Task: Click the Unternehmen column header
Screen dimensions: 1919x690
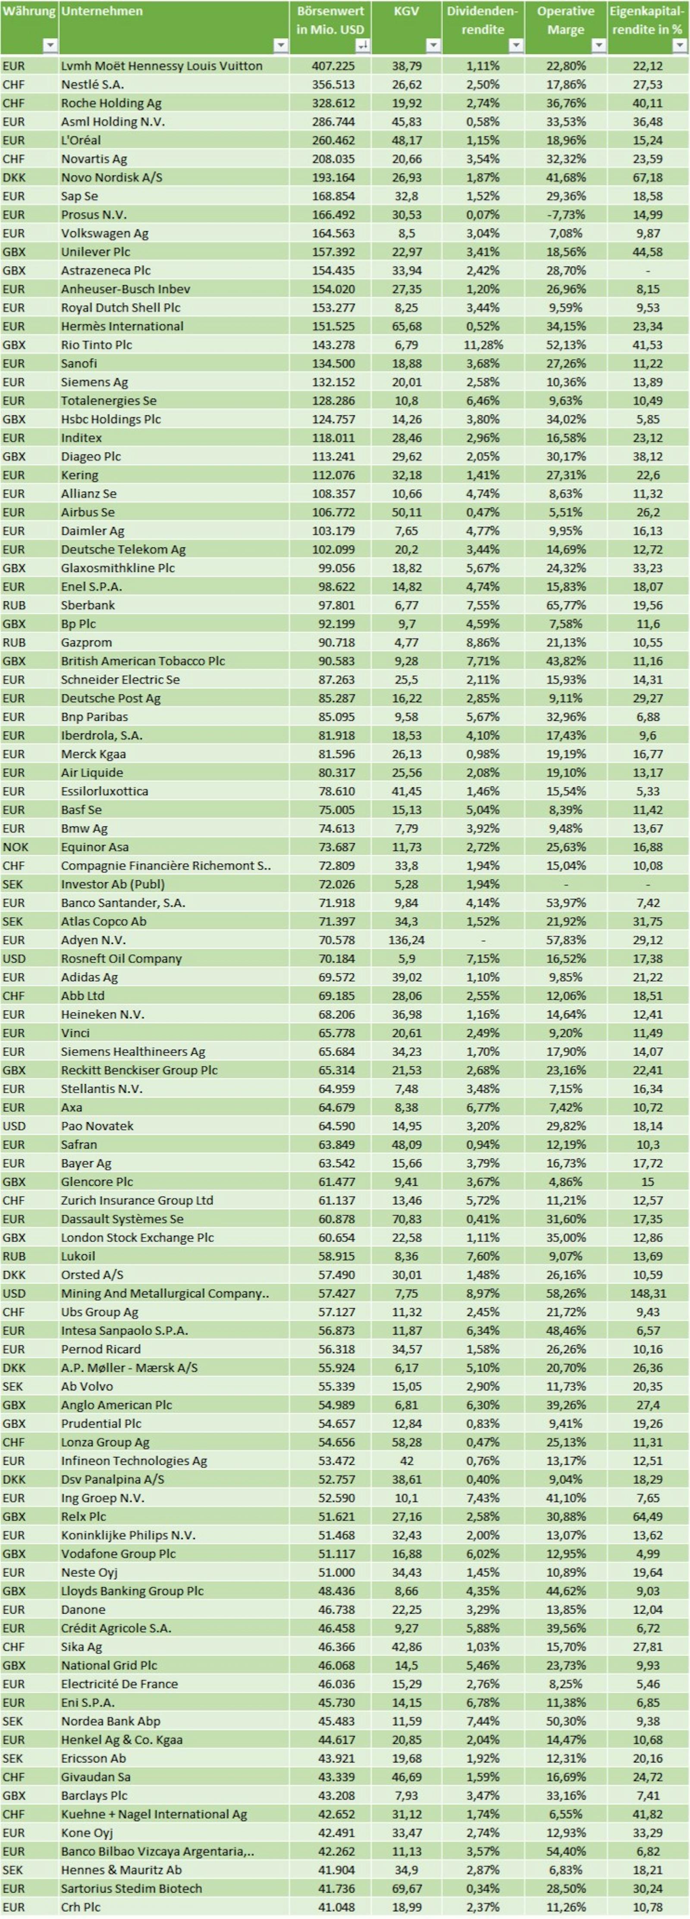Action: click(x=102, y=11)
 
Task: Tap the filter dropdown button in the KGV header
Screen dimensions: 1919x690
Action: click(x=433, y=45)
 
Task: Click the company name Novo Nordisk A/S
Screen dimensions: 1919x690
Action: click(x=112, y=177)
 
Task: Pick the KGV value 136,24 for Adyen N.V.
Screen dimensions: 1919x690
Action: click(x=406, y=940)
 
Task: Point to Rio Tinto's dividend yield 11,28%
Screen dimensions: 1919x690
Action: click(x=483, y=345)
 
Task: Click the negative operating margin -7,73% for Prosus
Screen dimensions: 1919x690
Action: click(x=565, y=214)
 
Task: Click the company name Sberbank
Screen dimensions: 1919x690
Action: click(x=88, y=605)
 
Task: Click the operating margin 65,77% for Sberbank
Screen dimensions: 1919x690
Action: click(x=565, y=605)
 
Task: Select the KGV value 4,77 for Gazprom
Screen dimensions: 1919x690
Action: click(x=406, y=642)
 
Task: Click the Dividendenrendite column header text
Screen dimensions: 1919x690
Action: click(x=482, y=20)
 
